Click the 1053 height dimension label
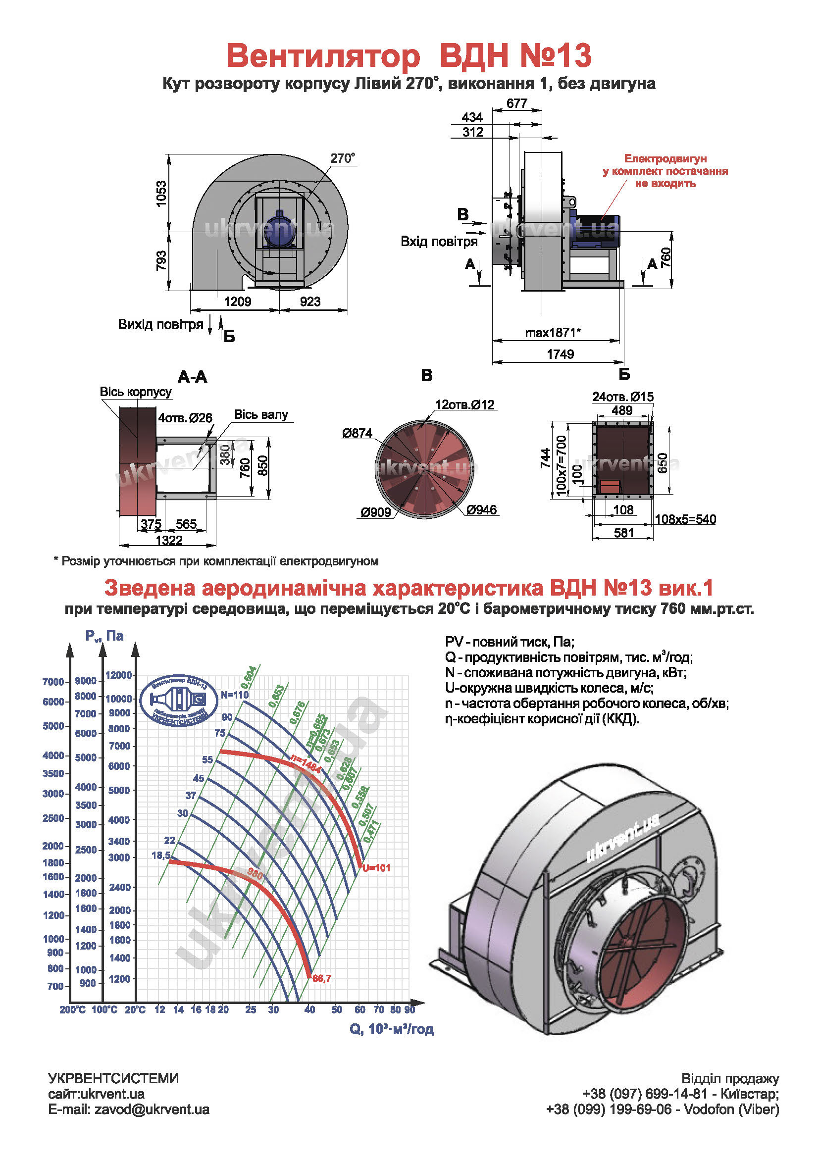tap(161, 193)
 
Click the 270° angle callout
tap(343, 158)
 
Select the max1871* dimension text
tap(553, 333)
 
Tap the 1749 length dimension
tap(561, 354)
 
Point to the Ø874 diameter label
tap(357, 433)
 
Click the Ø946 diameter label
tap(481, 510)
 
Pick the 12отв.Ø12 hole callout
tap(464, 404)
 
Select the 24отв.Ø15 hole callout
tap(622, 397)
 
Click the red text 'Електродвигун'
tap(665, 159)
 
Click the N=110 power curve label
tap(235, 695)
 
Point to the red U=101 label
tap(376, 868)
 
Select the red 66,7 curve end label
tap(322, 978)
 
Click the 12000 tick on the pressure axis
tap(118, 675)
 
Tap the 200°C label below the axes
tap(72, 1009)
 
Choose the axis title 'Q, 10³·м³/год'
tap(391, 1029)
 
